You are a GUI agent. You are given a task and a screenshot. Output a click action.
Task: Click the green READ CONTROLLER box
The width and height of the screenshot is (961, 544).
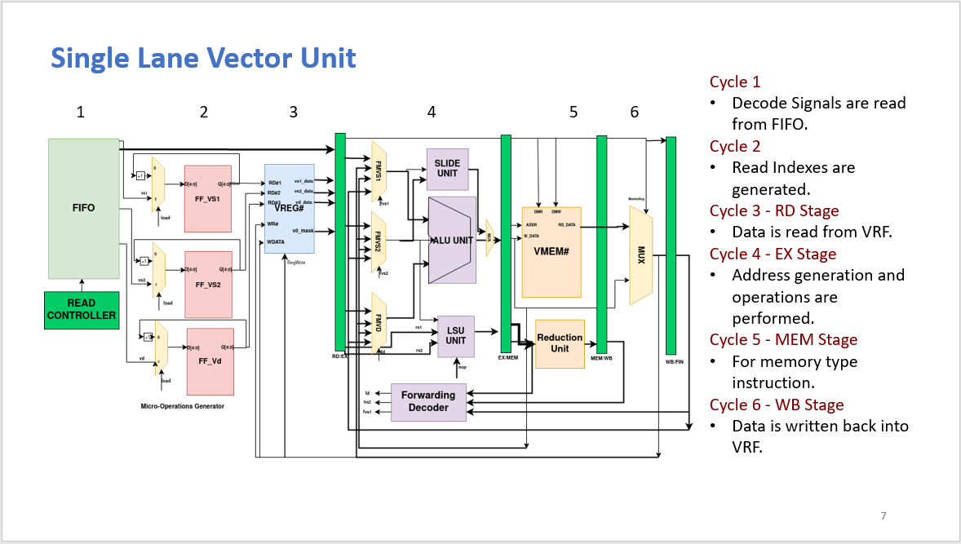pos(82,309)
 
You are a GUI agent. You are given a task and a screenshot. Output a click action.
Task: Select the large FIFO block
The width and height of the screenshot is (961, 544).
pos(84,208)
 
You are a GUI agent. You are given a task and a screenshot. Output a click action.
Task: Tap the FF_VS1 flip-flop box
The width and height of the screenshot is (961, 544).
pos(208,198)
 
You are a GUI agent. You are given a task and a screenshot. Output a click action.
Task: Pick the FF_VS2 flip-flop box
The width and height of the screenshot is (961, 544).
pos(208,285)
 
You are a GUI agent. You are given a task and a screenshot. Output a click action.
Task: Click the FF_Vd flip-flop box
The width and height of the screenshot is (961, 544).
pos(210,361)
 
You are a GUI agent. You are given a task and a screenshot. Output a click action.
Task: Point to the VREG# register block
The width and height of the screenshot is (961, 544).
pos(290,209)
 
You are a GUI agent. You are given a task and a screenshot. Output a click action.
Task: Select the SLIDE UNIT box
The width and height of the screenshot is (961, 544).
pos(447,169)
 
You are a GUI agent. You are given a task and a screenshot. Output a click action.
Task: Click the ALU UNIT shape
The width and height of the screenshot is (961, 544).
pos(451,240)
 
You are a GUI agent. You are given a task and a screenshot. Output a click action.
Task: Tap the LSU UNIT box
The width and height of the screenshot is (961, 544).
pos(455,335)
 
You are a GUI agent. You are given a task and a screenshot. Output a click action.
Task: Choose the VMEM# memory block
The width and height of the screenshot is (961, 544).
pos(551,252)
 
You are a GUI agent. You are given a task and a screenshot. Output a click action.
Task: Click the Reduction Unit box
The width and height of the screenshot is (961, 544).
pos(560,343)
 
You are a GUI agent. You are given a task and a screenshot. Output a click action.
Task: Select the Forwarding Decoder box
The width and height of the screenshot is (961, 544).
pos(428,401)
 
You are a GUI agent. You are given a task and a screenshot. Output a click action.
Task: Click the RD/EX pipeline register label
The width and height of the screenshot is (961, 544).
pos(340,356)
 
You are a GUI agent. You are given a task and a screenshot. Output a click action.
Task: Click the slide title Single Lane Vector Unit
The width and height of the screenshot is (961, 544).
pos(203,58)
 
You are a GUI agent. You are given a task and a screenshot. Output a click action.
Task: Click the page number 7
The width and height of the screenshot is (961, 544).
pos(883,515)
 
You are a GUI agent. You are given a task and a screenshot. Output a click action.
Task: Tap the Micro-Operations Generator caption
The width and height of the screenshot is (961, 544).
pos(182,405)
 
